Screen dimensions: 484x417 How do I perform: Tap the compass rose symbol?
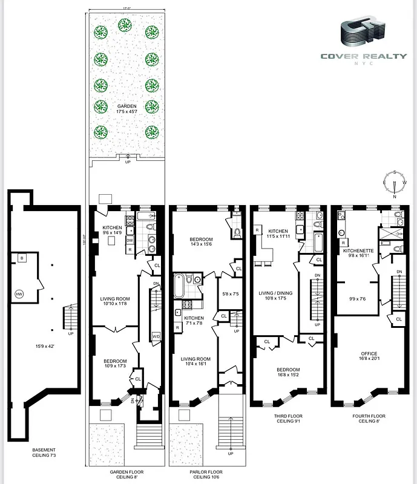click(394, 182)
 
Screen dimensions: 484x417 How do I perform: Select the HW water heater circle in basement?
click(19, 294)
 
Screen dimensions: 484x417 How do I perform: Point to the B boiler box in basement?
click(22, 259)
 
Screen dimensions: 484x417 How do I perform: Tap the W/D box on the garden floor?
click(156, 336)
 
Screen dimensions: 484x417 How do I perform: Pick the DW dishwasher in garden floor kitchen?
click(130, 240)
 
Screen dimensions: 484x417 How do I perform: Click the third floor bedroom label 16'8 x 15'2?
click(288, 373)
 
